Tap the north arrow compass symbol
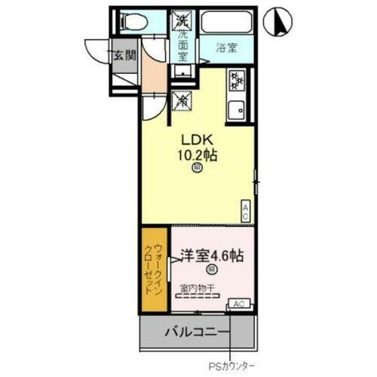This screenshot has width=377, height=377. click(x=278, y=21)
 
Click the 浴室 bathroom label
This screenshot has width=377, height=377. click(x=228, y=48)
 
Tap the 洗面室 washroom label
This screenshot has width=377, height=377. click(x=182, y=44)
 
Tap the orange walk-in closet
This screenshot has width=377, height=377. click(x=154, y=269)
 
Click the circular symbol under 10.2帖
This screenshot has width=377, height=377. click(x=196, y=170)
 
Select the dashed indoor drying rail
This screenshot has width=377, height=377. click(x=198, y=296)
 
